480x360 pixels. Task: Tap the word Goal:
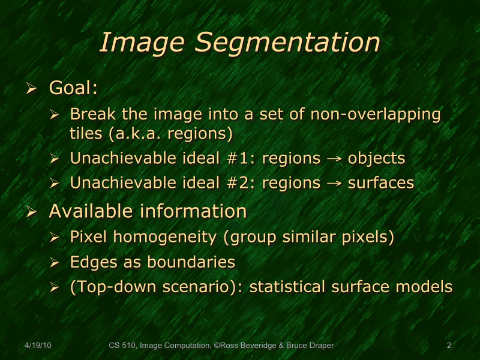point(73,88)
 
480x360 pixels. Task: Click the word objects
point(377,158)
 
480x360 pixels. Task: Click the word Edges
point(92,262)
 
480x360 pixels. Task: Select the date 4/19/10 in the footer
point(38,345)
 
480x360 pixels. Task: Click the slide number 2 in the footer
point(449,345)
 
